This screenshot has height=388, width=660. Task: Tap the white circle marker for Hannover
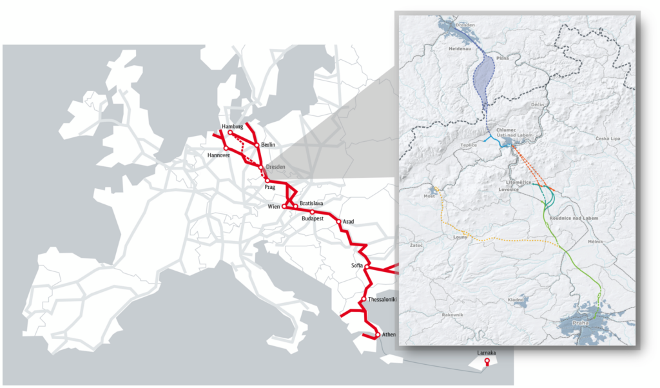[226, 149]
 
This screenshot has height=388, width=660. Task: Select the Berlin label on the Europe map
[269, 145]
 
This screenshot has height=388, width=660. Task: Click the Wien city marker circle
[284, 206]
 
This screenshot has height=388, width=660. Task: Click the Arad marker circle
[339, 221]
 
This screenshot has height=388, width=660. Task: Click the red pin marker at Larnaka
[487, 363]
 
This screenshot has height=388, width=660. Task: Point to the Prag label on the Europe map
[270, 188]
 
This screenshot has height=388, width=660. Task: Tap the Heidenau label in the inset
[461, 48]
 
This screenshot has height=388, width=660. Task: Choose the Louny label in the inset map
[460, 237]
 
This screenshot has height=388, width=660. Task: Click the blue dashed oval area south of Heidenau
[486, 81]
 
